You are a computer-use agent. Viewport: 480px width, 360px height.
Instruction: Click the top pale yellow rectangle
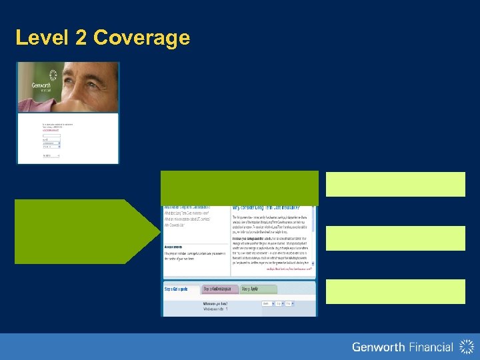click(395, 184)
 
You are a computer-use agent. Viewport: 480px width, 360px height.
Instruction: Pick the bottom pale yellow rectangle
click(395, 291)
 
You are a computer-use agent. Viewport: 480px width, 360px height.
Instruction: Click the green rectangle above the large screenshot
click(239, 188)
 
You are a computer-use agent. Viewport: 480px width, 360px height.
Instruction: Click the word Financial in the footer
click(428, 347)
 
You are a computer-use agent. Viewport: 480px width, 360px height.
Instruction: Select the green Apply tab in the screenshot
click(250, 289)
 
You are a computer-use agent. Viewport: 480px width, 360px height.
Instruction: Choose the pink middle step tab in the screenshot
click(219, 289)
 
